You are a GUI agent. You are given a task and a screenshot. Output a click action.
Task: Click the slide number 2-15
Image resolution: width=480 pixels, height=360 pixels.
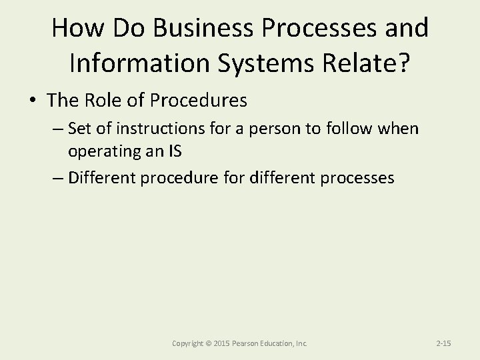pos(443,343)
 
